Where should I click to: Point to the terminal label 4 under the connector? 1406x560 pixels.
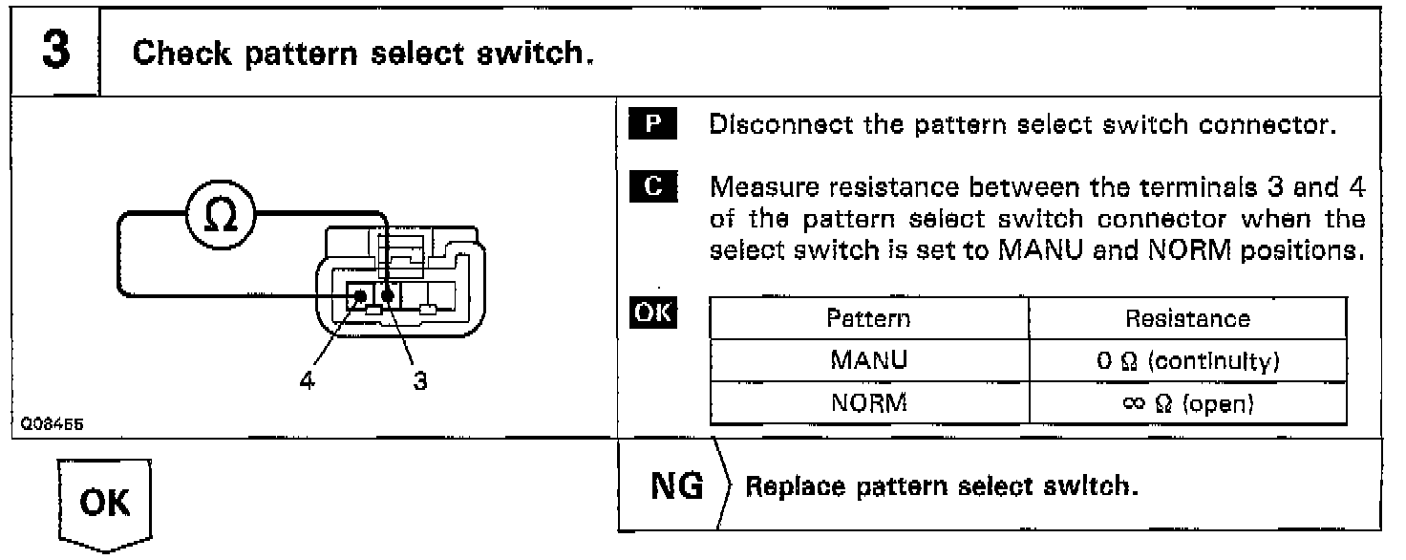click(x=306, y=381)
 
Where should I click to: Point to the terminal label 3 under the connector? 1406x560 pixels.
click(x=419, y=381)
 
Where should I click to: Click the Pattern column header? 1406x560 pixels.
click(x=868, y=318)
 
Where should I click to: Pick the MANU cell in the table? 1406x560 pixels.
click(x=868, y=362)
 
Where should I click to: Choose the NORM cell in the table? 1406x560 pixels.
click(x=868, y=403)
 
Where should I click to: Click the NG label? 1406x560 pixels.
click(x=676, y=486)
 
